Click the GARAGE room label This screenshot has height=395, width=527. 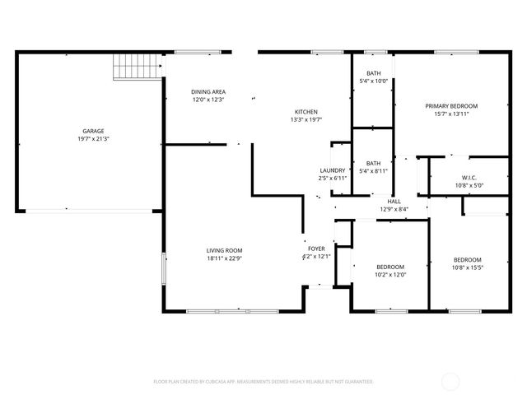click(92, 132)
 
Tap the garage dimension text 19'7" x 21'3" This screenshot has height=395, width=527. click(92, 139)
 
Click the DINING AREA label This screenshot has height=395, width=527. click(208, 91)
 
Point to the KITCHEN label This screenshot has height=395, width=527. click(306, 112)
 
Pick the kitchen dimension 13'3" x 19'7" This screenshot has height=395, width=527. click(306, 119)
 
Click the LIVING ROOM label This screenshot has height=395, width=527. click(224, 250)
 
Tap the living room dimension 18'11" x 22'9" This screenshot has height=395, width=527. click(224, 258)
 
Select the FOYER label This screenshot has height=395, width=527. click(316, 248)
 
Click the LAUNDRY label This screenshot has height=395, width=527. click(333, 170)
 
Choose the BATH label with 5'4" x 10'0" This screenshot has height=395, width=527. click(373, 73)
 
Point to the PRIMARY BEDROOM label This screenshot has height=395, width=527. click(451, 105)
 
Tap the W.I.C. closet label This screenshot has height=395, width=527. click(469, 178)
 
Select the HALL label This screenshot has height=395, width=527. click(394, 201)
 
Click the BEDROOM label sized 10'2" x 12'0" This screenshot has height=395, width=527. click(390, 267)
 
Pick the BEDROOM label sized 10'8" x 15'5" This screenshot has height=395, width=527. click(468, 259)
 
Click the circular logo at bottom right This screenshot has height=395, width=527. click(452, 381)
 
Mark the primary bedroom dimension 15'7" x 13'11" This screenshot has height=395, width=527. click(451, 114)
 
